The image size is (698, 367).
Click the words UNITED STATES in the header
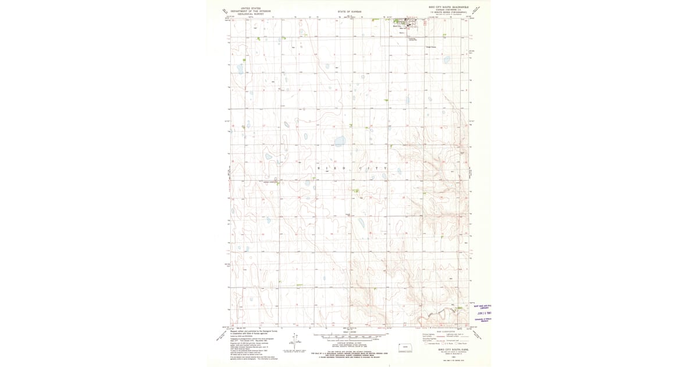[x=251, y=9]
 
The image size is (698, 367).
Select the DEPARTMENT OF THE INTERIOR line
[x=251, y=11]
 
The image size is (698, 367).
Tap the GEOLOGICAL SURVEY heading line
[x=251, y=14]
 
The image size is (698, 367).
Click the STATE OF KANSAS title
[x=349, y=12]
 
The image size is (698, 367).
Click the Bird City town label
[x=398, y=26]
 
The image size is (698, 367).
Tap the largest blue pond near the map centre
[x=339, y=140]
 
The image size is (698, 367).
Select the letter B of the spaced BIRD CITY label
[x=318, y=168]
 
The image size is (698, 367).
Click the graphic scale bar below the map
[x=349, y=336]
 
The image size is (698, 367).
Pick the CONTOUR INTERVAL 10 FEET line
[x=349, y=344]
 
